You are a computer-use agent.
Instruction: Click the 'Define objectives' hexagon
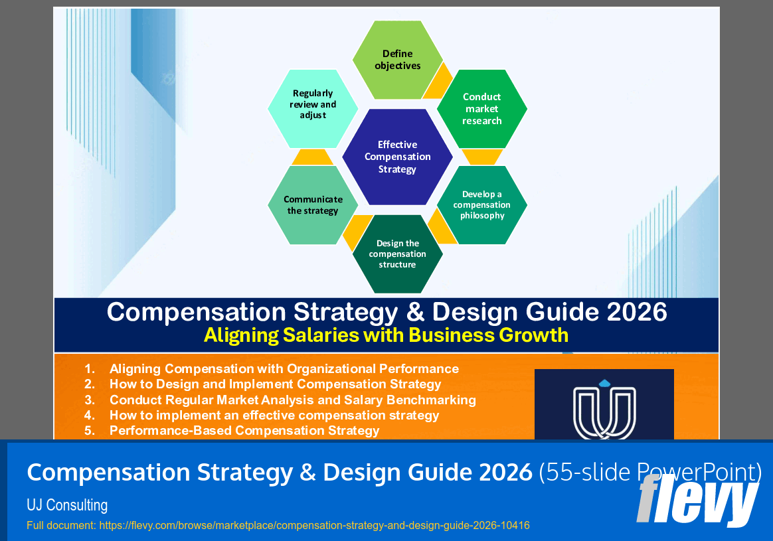click(x=397, y=60)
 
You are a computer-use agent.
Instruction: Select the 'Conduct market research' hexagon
click(x=482, y=109)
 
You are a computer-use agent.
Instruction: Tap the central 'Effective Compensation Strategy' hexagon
click(x=397, y=157)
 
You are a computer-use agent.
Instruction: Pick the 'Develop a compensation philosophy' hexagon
click(x=482, y=205)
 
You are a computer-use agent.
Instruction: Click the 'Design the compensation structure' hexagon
click(x=397, y=254)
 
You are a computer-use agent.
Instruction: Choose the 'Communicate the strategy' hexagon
click(x=313, y=205)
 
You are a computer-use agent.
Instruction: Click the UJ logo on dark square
click(x=604, y=406)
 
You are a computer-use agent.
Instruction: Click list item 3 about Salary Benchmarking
click(x=292, y=400)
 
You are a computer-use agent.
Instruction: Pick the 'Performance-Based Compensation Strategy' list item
click(x=244, y=430)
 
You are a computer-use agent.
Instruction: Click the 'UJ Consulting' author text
click(x=67, y=505)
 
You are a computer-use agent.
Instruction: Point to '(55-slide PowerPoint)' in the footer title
click(x=649, y=473)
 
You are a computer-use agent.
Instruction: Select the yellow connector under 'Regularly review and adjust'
click(x=312, y=157)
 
